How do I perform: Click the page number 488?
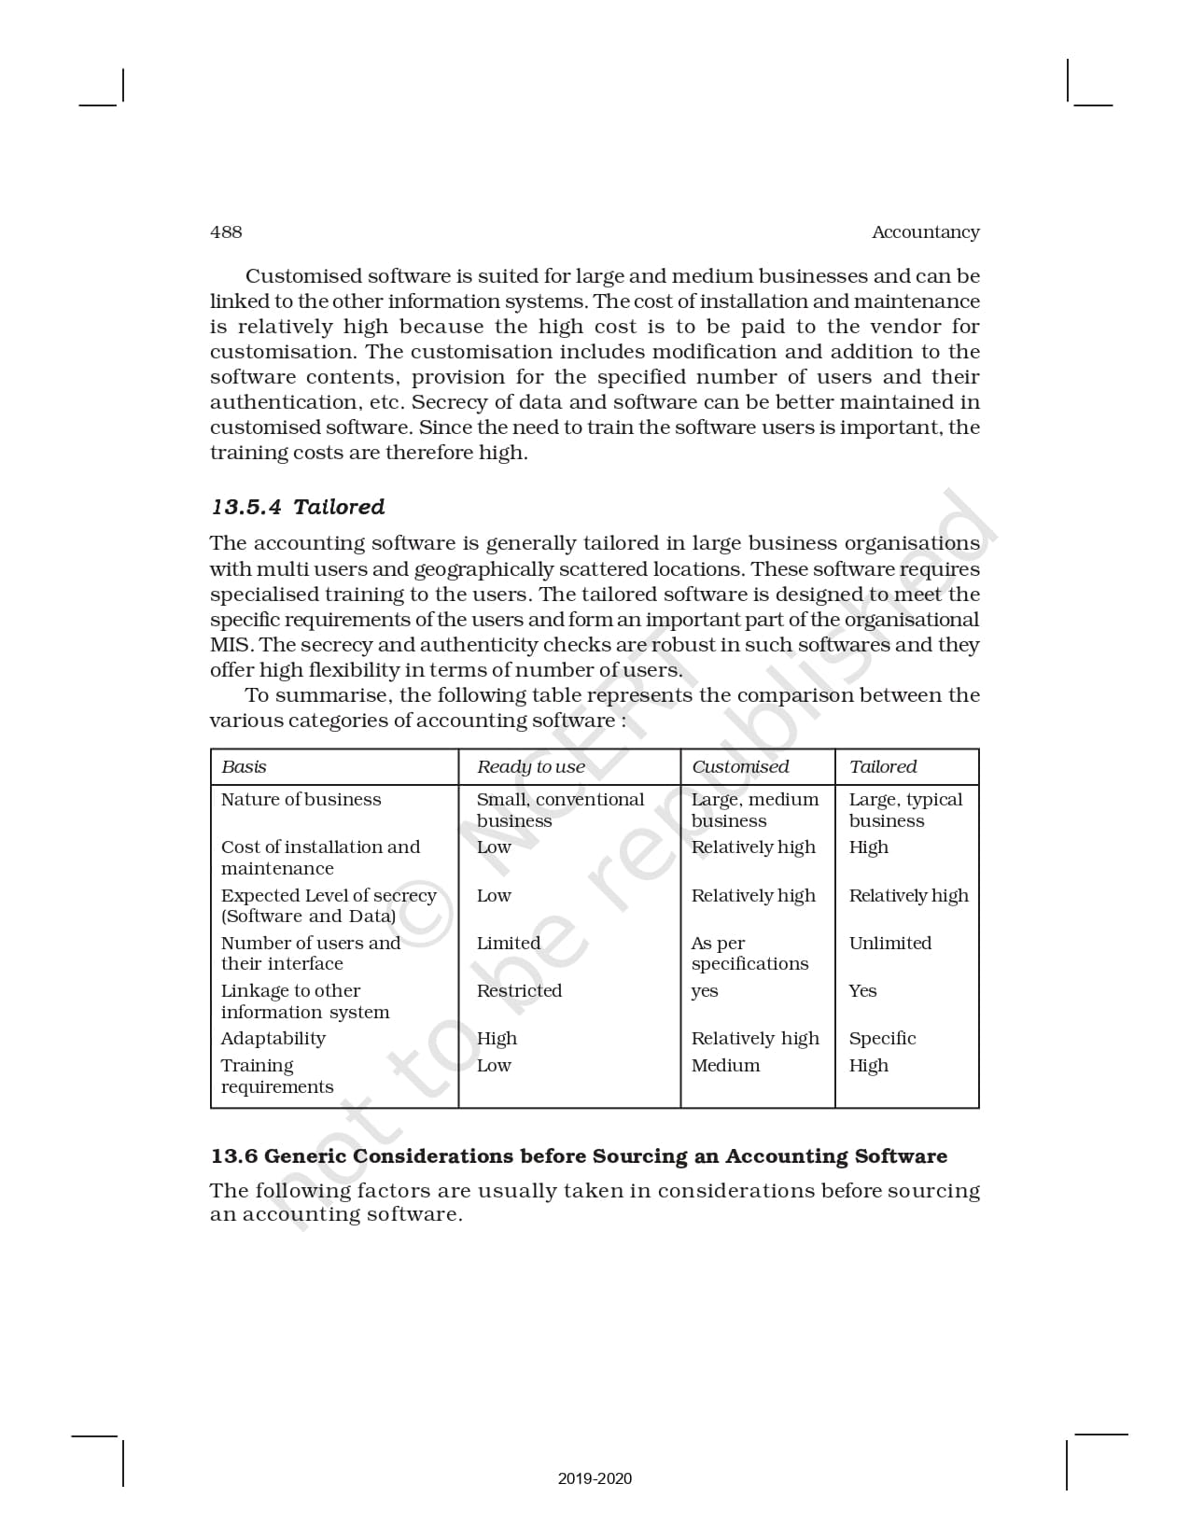click(226, 232)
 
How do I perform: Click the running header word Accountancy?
click(925, 232)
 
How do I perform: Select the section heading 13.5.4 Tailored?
click(298, 507)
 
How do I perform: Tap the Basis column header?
click(244, 767)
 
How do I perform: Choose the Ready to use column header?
click(530, 767)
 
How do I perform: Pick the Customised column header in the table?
click(739, 767)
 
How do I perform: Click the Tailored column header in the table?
click(882, 767)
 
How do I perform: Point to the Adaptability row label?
click(273, 1039)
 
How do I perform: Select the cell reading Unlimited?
click(889, 944)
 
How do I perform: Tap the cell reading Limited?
click(508, 944)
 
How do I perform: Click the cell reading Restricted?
click(519, 991)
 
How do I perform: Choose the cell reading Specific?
click(882, 1039)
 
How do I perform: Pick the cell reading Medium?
click(725, 1066)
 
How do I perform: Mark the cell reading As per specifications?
click(749, 954)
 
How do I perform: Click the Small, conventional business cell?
click(560, 810)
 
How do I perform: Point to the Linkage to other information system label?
click(304, 1001)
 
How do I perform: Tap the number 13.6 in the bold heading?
click(233, 1156)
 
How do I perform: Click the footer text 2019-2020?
click(595, 1478)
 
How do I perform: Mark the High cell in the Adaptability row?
click(497, 1039)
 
